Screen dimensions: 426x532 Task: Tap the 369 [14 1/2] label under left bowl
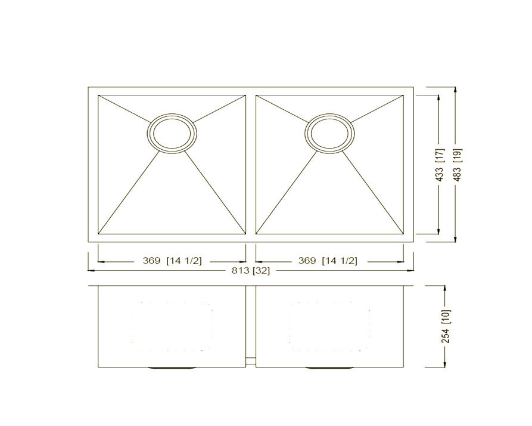coord(172,261)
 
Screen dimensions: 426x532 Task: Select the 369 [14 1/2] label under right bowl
coord(327,261)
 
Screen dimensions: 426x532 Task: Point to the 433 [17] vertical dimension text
coord(440,165)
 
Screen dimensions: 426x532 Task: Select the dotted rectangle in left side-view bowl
coord(172,325)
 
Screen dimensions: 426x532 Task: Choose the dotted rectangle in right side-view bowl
coord(329,325)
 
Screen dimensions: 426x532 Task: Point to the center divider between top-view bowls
coord(251,164)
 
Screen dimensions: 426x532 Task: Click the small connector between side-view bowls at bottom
coord(251,360)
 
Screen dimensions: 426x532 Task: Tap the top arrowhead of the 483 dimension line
coord(456,90)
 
